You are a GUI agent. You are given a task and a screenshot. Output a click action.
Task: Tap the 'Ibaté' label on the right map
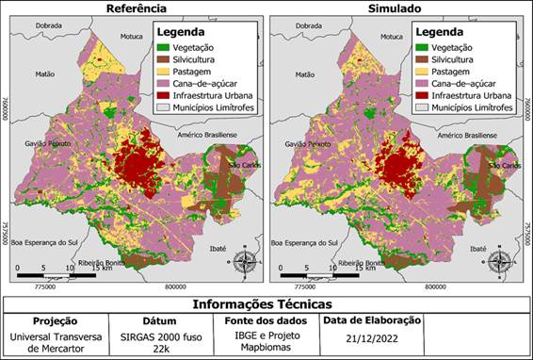[x=478, y=249]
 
